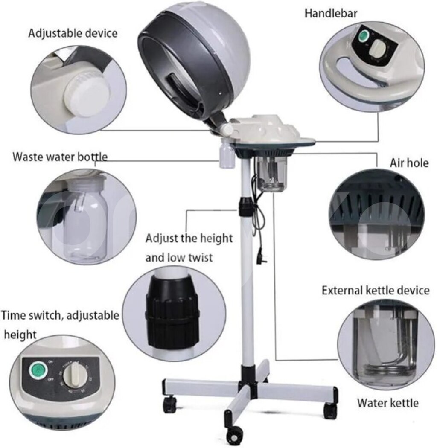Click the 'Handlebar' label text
331,13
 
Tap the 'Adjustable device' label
73,33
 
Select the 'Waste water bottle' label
60,157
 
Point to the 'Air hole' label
409,163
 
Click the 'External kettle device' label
376,290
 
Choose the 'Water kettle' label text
388,403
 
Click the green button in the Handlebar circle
364,35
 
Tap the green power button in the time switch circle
38,370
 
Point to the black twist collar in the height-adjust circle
172,312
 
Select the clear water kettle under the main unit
271,174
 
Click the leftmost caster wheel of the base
170,404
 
